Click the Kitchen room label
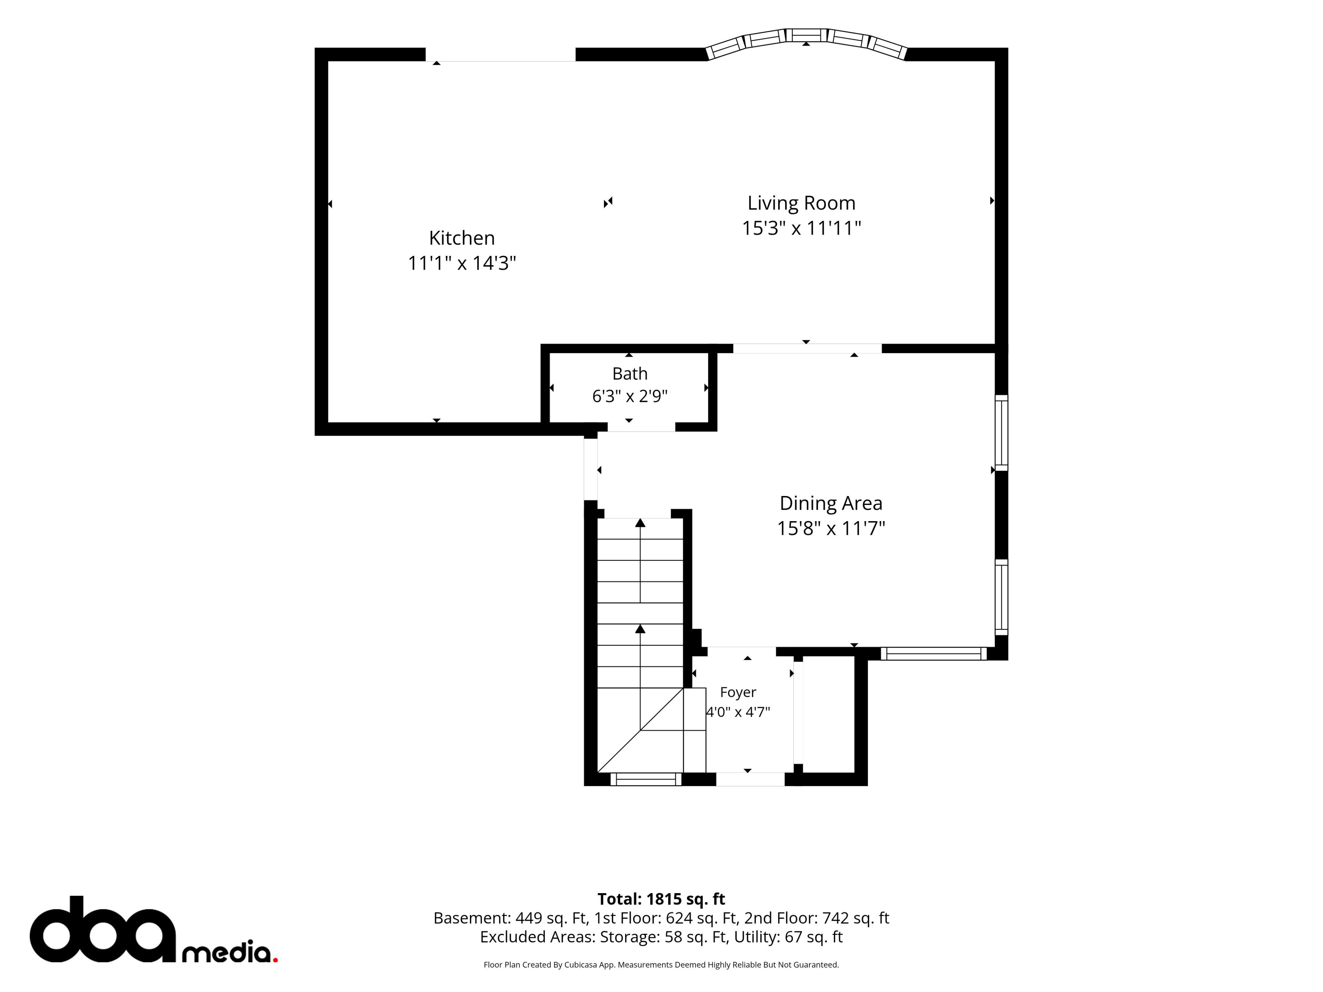(462, 238)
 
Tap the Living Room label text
(801, 203)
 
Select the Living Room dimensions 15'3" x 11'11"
(801, 228)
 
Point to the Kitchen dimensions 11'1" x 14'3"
(462, 263)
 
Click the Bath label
(630, 374)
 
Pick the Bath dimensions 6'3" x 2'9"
(630, 396)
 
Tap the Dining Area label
(831, 504)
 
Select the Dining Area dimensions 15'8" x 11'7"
(831, 529)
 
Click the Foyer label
(738, 692)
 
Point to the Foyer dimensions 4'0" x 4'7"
(738, 712)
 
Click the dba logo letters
(103, 929)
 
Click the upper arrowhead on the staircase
(640, 523)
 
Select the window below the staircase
(646, 779)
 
